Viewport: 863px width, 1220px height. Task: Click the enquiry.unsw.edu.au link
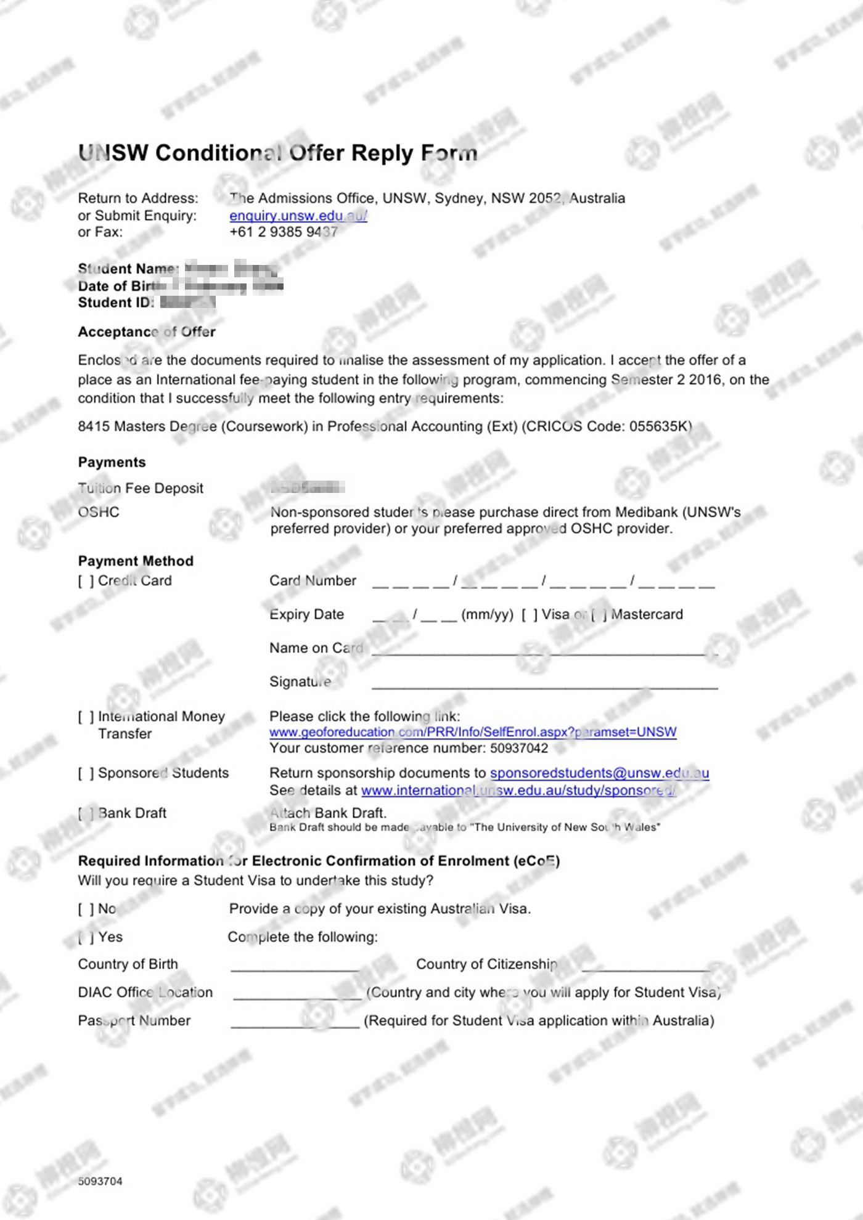298,216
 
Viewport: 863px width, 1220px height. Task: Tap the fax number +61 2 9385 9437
284,232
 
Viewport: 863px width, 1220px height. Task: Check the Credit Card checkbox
86,581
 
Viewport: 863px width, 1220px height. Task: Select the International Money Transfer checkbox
86,717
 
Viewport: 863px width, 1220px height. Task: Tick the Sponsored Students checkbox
86,773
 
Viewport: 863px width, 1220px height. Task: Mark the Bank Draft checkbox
86,814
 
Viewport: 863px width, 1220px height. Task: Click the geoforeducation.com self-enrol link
473,732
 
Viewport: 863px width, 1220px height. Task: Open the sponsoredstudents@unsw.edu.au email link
599,773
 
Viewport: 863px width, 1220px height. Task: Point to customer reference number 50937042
519,748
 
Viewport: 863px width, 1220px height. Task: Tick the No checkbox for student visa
86,909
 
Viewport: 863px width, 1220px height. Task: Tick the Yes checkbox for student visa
86,938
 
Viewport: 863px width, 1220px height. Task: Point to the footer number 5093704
100,1181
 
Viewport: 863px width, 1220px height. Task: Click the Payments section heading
112,462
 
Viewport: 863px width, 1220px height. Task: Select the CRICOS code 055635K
657,426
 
